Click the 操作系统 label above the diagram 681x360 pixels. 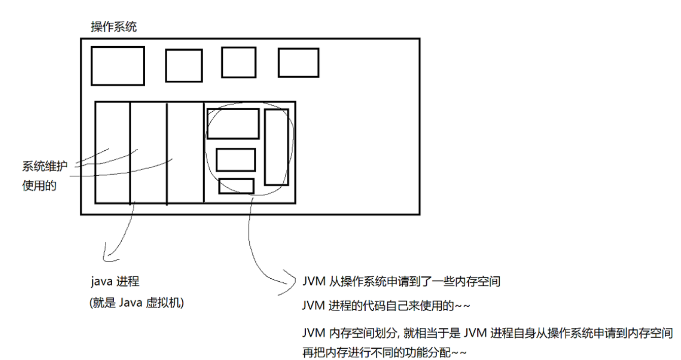click(x=114, y=27)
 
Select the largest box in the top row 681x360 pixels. click(x=118, y=66)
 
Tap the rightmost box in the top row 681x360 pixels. click(x=298, y=62)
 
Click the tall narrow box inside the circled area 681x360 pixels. click(x=276, y=147)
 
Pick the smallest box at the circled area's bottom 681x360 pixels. click(x=236, y=186)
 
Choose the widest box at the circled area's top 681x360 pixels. click(x=233, y=123)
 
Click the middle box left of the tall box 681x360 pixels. click(x=236, y=159)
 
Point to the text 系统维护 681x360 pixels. click(x=45, y=167)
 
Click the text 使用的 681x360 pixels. click(x=39, y=186)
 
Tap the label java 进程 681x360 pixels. click(x=115, y=281)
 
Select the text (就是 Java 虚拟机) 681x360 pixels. click(x=136, y=303)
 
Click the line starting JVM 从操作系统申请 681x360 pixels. click(x=401, y=281)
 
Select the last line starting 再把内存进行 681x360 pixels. click(x=384, y=352)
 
